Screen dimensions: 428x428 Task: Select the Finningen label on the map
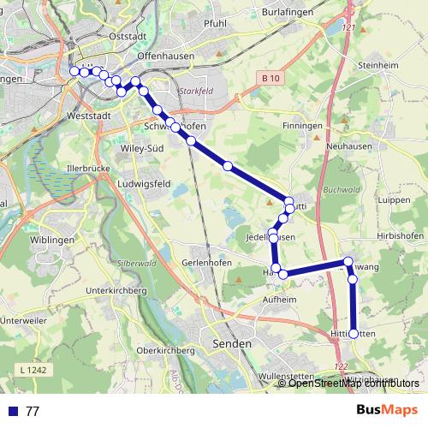tap(300, 125)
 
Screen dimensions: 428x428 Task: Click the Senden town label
tap(230, 343)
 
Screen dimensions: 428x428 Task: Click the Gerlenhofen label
tap(206, 262)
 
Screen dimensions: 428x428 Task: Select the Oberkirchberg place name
tap(167, 351)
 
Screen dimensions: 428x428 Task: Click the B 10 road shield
tap(270, 78)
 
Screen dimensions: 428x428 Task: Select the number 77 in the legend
tap(33, 411)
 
